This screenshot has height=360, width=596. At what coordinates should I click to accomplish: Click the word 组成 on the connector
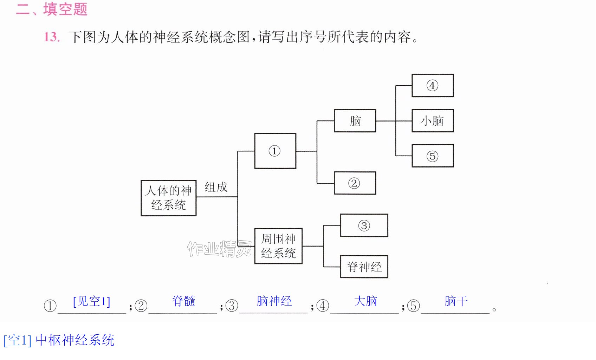coord(216,187)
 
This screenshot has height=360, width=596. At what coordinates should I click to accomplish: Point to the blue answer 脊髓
coord(183,301)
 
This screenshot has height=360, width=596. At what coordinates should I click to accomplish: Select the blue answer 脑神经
coord(274,301)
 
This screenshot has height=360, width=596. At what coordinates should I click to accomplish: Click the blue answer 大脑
coord(365,301)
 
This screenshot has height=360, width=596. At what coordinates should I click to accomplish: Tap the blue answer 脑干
coord(456,301)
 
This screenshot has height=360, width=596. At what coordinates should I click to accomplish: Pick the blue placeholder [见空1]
coord(91,301)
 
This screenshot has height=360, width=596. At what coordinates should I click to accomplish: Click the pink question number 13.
coord(52,37)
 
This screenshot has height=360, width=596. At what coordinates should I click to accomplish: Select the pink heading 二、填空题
coord(52,9)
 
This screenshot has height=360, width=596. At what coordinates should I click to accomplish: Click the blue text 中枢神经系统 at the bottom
coord(75,340)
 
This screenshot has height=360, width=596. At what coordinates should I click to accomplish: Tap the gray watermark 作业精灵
coord(220,249)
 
